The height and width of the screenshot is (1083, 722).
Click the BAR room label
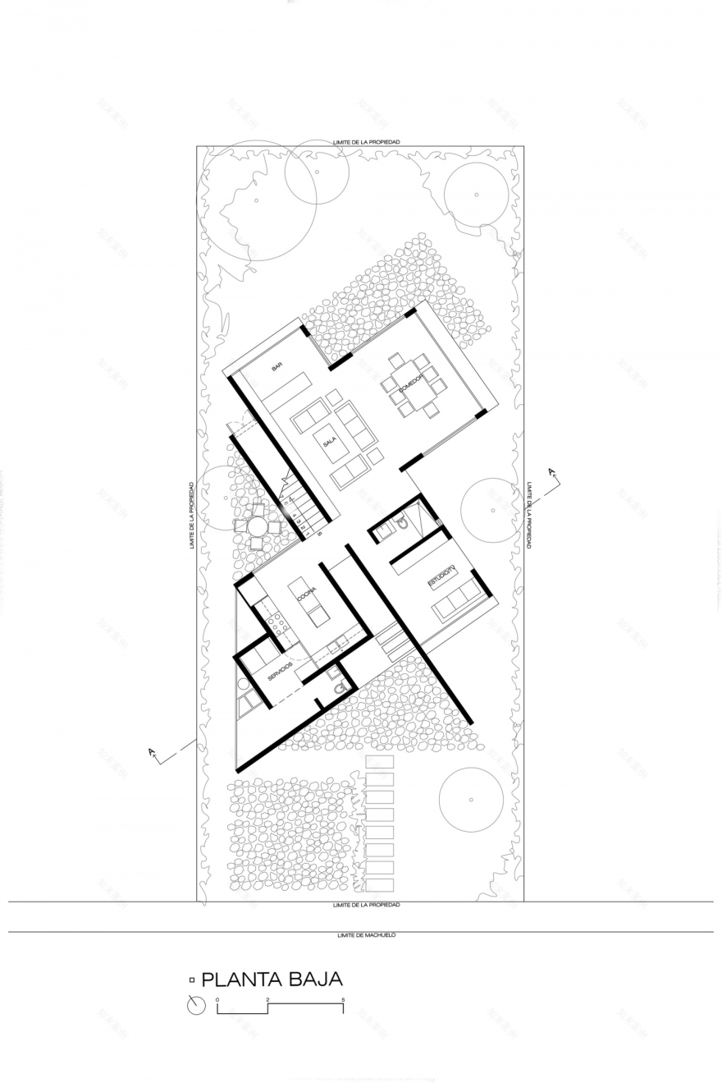pos(276,367)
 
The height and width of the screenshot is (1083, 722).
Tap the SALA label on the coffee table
pos(330,443)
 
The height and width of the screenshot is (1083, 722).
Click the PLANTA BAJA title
pos(272,979)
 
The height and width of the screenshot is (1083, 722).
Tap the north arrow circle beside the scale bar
pos(196,1005)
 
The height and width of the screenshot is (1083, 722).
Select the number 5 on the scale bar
pos(343,999)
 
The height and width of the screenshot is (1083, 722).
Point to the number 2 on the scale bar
pos(268,999)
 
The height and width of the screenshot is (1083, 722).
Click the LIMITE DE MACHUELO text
pos(366,935)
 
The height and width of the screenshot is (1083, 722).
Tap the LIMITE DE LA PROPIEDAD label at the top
pos(366,142)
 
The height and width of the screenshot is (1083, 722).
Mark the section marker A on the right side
pos(553,474)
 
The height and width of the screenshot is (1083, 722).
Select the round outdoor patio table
pos(257,525)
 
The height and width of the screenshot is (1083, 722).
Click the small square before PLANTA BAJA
pos(192,980)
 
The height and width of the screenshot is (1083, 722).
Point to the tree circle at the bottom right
pos(471,799)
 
